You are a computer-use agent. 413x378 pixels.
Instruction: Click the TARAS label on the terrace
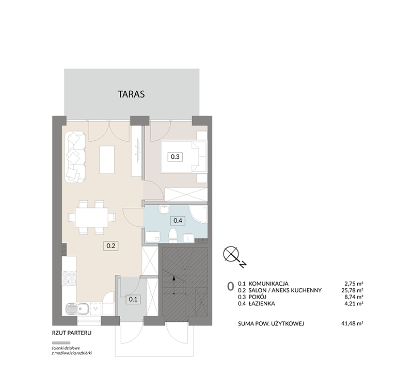pos(131,94)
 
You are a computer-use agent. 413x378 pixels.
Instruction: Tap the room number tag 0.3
pos(175,157)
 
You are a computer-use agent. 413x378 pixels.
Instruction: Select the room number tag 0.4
pos(178,220)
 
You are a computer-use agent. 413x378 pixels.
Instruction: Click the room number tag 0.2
pos(110,246)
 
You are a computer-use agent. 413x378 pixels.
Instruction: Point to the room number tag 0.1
pos(133,299)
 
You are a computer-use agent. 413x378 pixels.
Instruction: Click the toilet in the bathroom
pos(173,235)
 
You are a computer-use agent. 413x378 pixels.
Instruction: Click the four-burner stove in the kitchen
pos(69,278)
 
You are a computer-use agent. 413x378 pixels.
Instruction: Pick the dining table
pos(91,218)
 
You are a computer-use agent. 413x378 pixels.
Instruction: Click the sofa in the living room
pos(75,157)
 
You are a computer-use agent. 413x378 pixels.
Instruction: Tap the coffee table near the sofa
pos(107,160)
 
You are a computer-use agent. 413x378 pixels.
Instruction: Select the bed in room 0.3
pos(184,157)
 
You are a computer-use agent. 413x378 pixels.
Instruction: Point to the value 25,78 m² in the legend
pos(352,290)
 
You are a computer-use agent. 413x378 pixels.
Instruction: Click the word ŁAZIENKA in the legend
pos(262,304)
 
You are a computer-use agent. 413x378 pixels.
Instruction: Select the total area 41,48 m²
pos(352,323)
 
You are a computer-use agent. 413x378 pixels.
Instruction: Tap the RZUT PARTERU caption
pos(72,333)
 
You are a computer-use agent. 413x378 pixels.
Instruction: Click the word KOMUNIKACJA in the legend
pos(268,284)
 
